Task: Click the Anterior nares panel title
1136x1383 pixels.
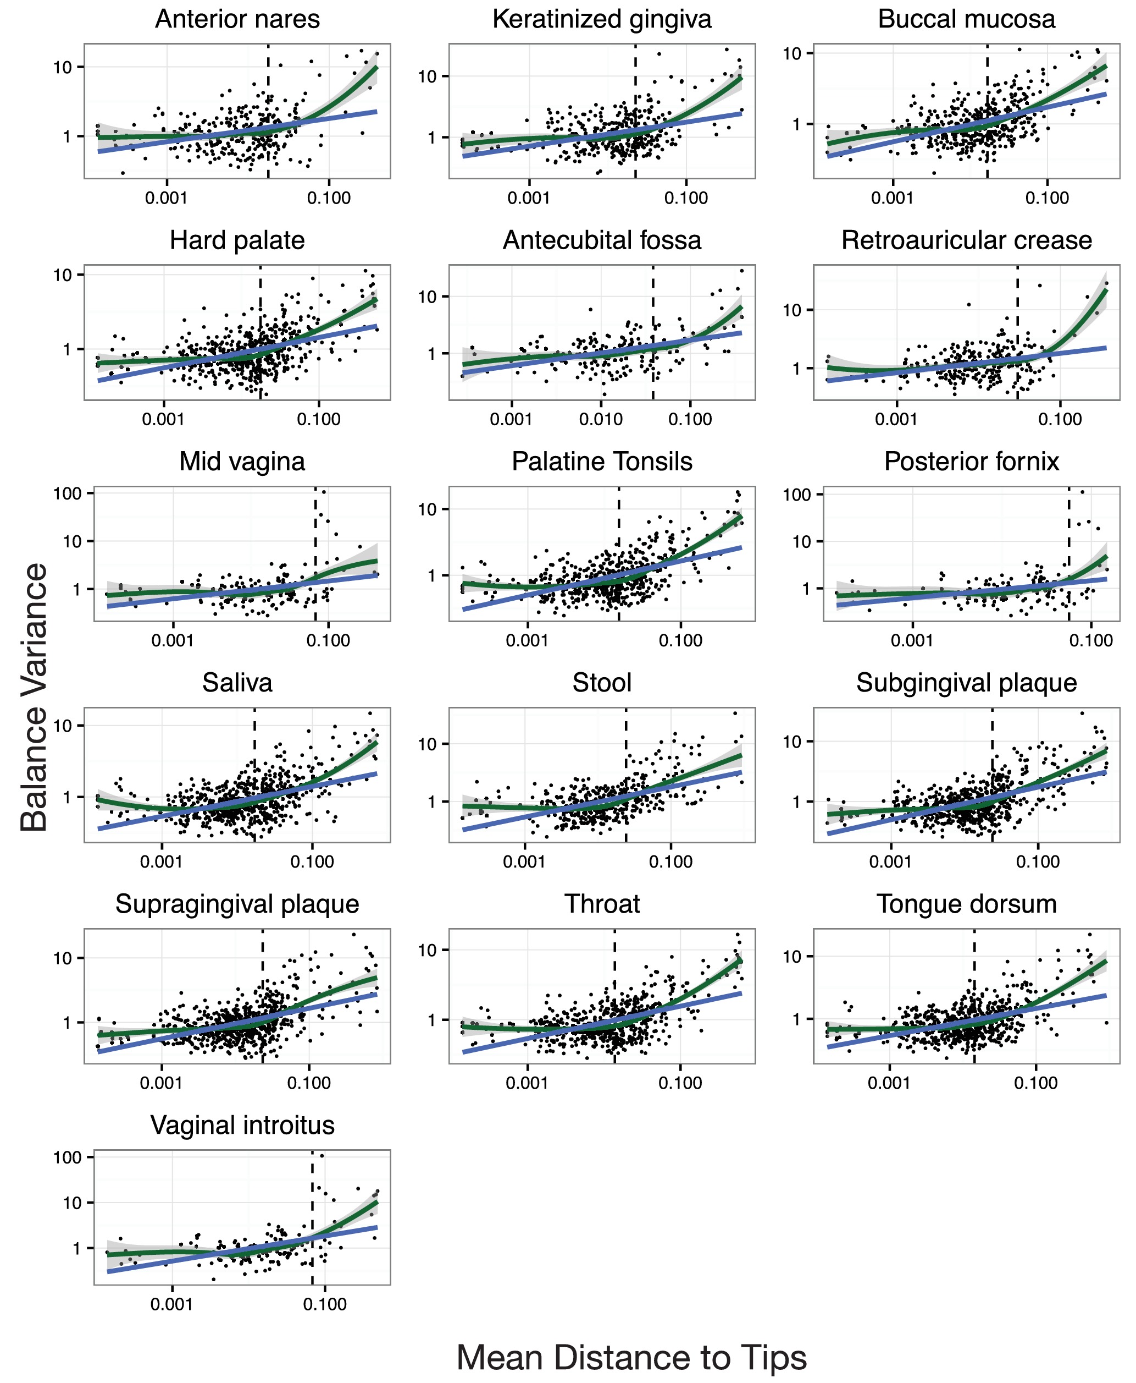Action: tap(237, 19)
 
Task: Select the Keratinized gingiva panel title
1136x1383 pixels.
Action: tap(601, 19)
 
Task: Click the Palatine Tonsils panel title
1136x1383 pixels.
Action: tap(601, 462)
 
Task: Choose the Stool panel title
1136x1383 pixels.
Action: tap(601, 683)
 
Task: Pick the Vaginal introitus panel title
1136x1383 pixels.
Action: tap(242, 1126)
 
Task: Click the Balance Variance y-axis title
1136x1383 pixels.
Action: tap(34, 697)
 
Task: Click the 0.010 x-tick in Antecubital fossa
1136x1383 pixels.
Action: tap(600, 419)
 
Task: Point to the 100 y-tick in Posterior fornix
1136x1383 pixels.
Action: tap(796, 495)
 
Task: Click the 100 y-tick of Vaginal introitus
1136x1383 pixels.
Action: tap(68, 1157)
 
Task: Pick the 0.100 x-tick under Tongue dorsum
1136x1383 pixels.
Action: tap(1035, 1083)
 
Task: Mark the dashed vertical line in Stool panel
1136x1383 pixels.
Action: tap(625, 773)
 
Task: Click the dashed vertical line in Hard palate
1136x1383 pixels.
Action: tap(261, 327)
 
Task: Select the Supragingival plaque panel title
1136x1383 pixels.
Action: tap(237, 904)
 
